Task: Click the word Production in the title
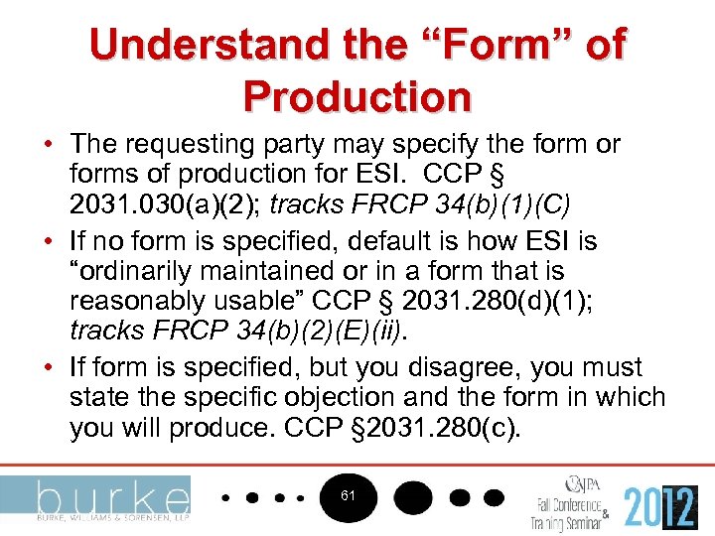[x=357, y=95]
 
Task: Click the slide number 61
[x=348, y=494]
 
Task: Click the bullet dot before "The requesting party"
[x=49, y=145]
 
